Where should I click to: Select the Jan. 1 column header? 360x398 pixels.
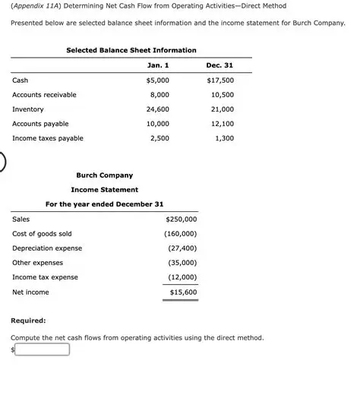click(157, 65)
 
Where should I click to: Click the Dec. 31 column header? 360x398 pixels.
click(219, 65)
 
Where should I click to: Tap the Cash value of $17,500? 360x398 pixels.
click(220, 80)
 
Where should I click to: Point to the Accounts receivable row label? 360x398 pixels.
click(44, 95)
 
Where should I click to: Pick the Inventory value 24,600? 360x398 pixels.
click(157, 109)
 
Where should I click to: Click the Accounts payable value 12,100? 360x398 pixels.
click(222, 124)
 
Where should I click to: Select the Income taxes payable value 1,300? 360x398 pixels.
click(224, 138)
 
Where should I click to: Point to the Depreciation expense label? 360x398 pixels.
click(47, 248)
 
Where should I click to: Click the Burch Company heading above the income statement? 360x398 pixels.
click(104, 175)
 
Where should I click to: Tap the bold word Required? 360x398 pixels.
click(28, 321)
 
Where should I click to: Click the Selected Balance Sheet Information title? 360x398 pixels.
click(131, 50)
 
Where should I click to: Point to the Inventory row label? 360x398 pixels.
click(28, 109)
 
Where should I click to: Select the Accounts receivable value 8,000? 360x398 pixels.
click(159, 95)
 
